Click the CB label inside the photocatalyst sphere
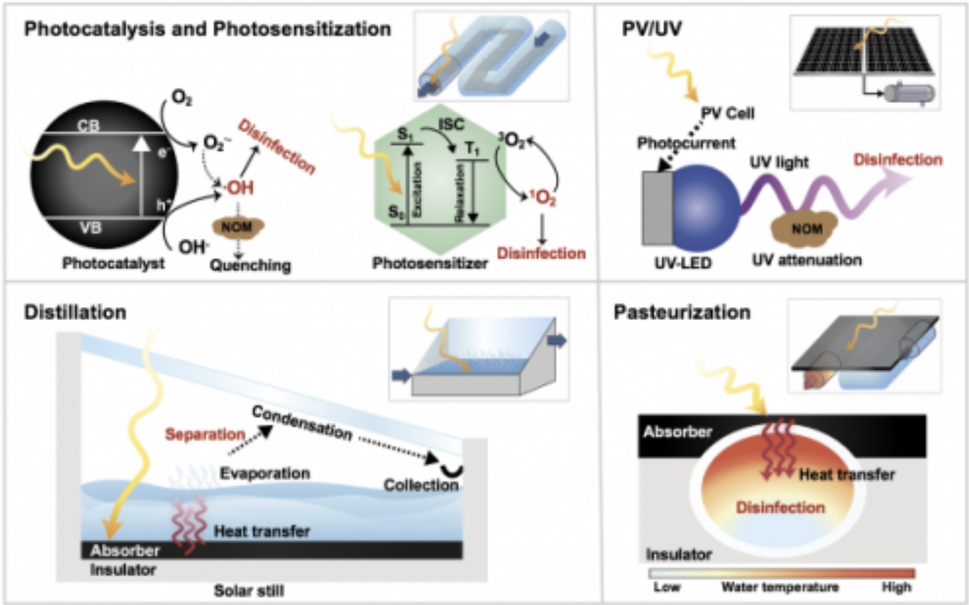pos(89,125)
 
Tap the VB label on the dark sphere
pos(91,228)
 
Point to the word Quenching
pos(250,265)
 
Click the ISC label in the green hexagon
pos(451,124)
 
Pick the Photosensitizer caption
pos(430,263)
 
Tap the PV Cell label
pos(728,113)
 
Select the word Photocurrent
pos(686,143)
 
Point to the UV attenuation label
pos(807,260)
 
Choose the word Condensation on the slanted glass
pos(302,422)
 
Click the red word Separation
pos(205,434)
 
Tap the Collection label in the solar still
pos(421,485)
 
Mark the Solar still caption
pos(249,591)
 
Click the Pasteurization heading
pos(682,312)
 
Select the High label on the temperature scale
pos(897,587)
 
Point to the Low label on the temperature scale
pos(666,587)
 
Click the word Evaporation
pos(265,473)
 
